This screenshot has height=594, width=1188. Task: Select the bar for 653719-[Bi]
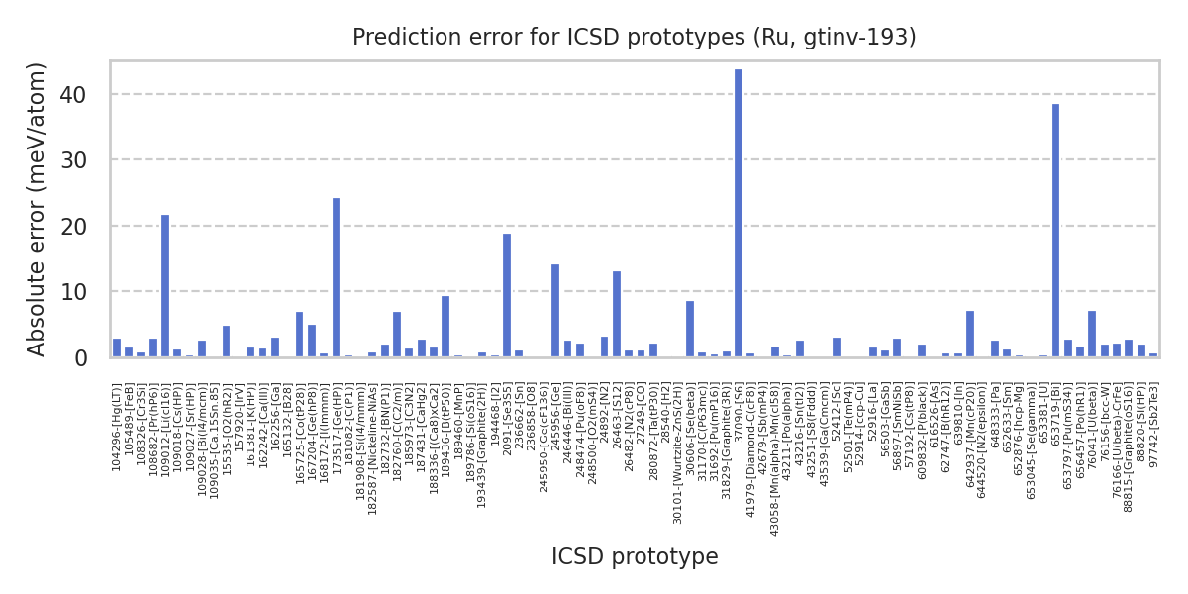[x=1055, y=231]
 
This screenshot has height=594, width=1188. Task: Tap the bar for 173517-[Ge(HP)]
[x=337, y=277]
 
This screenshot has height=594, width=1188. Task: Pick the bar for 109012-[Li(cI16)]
[x=165, y=286]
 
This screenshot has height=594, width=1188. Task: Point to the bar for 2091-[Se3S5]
[x=507, y=295]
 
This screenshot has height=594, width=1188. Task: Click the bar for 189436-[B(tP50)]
[x=445, y=327]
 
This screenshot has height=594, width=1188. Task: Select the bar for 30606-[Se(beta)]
[x=690, y=329]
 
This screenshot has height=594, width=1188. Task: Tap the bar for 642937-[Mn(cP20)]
[x=970, y=334]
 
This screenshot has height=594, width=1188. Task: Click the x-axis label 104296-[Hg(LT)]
[x=117, y=427]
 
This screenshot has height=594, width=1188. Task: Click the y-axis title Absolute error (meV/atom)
[x=38, y=209]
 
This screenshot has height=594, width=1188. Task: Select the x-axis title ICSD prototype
[x=635, y=557]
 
